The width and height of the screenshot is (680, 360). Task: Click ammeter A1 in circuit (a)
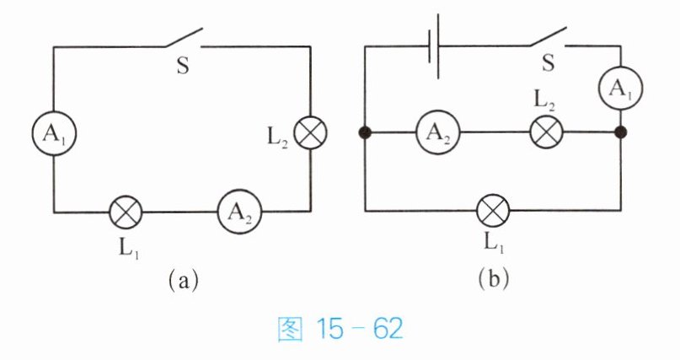point(54,133)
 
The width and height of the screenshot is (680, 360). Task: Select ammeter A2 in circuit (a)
point(240,212)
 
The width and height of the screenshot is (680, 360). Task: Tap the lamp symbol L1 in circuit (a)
point(126,212)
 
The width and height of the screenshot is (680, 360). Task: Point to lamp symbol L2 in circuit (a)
point(311,133)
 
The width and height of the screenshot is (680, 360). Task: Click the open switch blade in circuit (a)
point(184,37)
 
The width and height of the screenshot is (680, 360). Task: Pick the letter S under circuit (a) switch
point(183,66)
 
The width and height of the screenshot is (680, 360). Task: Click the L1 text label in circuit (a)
point(129,248)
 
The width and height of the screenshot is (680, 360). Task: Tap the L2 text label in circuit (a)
point(277,138)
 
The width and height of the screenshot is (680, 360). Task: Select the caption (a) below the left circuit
point(184,281)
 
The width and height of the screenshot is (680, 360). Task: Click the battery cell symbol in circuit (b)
point(434,47)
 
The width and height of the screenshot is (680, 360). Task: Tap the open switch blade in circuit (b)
point(548,36)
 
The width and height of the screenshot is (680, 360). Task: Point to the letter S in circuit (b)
point(549,63)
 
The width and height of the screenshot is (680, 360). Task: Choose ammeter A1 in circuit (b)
point(620,88)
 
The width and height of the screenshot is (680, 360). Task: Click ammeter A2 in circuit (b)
point(438,132)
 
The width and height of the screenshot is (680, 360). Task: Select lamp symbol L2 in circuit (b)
point(547,132)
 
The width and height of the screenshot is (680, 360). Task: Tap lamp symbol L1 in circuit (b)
point(493,212)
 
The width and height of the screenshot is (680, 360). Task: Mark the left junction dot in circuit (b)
point(365,132)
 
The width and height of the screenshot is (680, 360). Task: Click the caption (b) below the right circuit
point(494,280)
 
